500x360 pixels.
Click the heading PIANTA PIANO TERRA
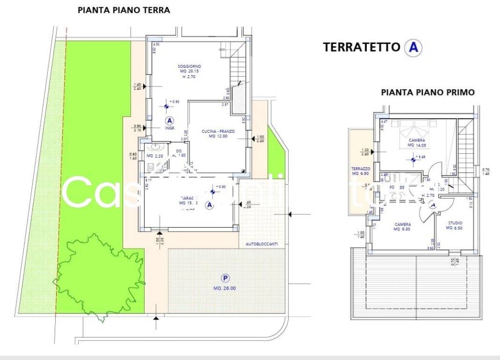pos(124,10)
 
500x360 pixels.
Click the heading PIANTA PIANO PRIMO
pos(428,92)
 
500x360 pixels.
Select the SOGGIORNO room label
pos(189,66)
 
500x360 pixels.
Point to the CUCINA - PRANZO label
pos(219,131)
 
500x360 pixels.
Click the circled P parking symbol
pos(225,278)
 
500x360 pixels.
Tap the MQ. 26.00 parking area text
pos(225,288)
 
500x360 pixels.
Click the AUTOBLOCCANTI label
pos(262,244)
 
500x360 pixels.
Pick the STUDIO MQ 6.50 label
pos(455,225)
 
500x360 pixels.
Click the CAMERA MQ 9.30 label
pos(402,227)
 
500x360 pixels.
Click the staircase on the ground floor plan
pos(238,73)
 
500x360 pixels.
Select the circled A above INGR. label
pos(169,120)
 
